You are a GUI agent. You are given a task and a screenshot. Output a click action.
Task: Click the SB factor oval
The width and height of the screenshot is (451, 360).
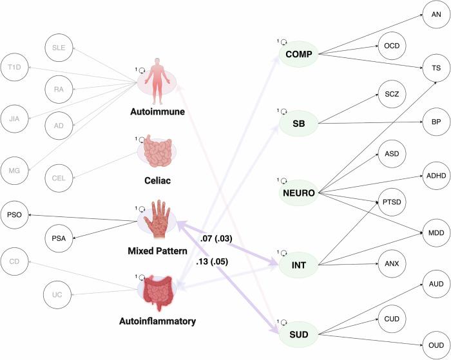click(298, 122)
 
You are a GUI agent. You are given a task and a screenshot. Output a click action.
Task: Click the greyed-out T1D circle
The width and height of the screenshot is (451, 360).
click(15, 67)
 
